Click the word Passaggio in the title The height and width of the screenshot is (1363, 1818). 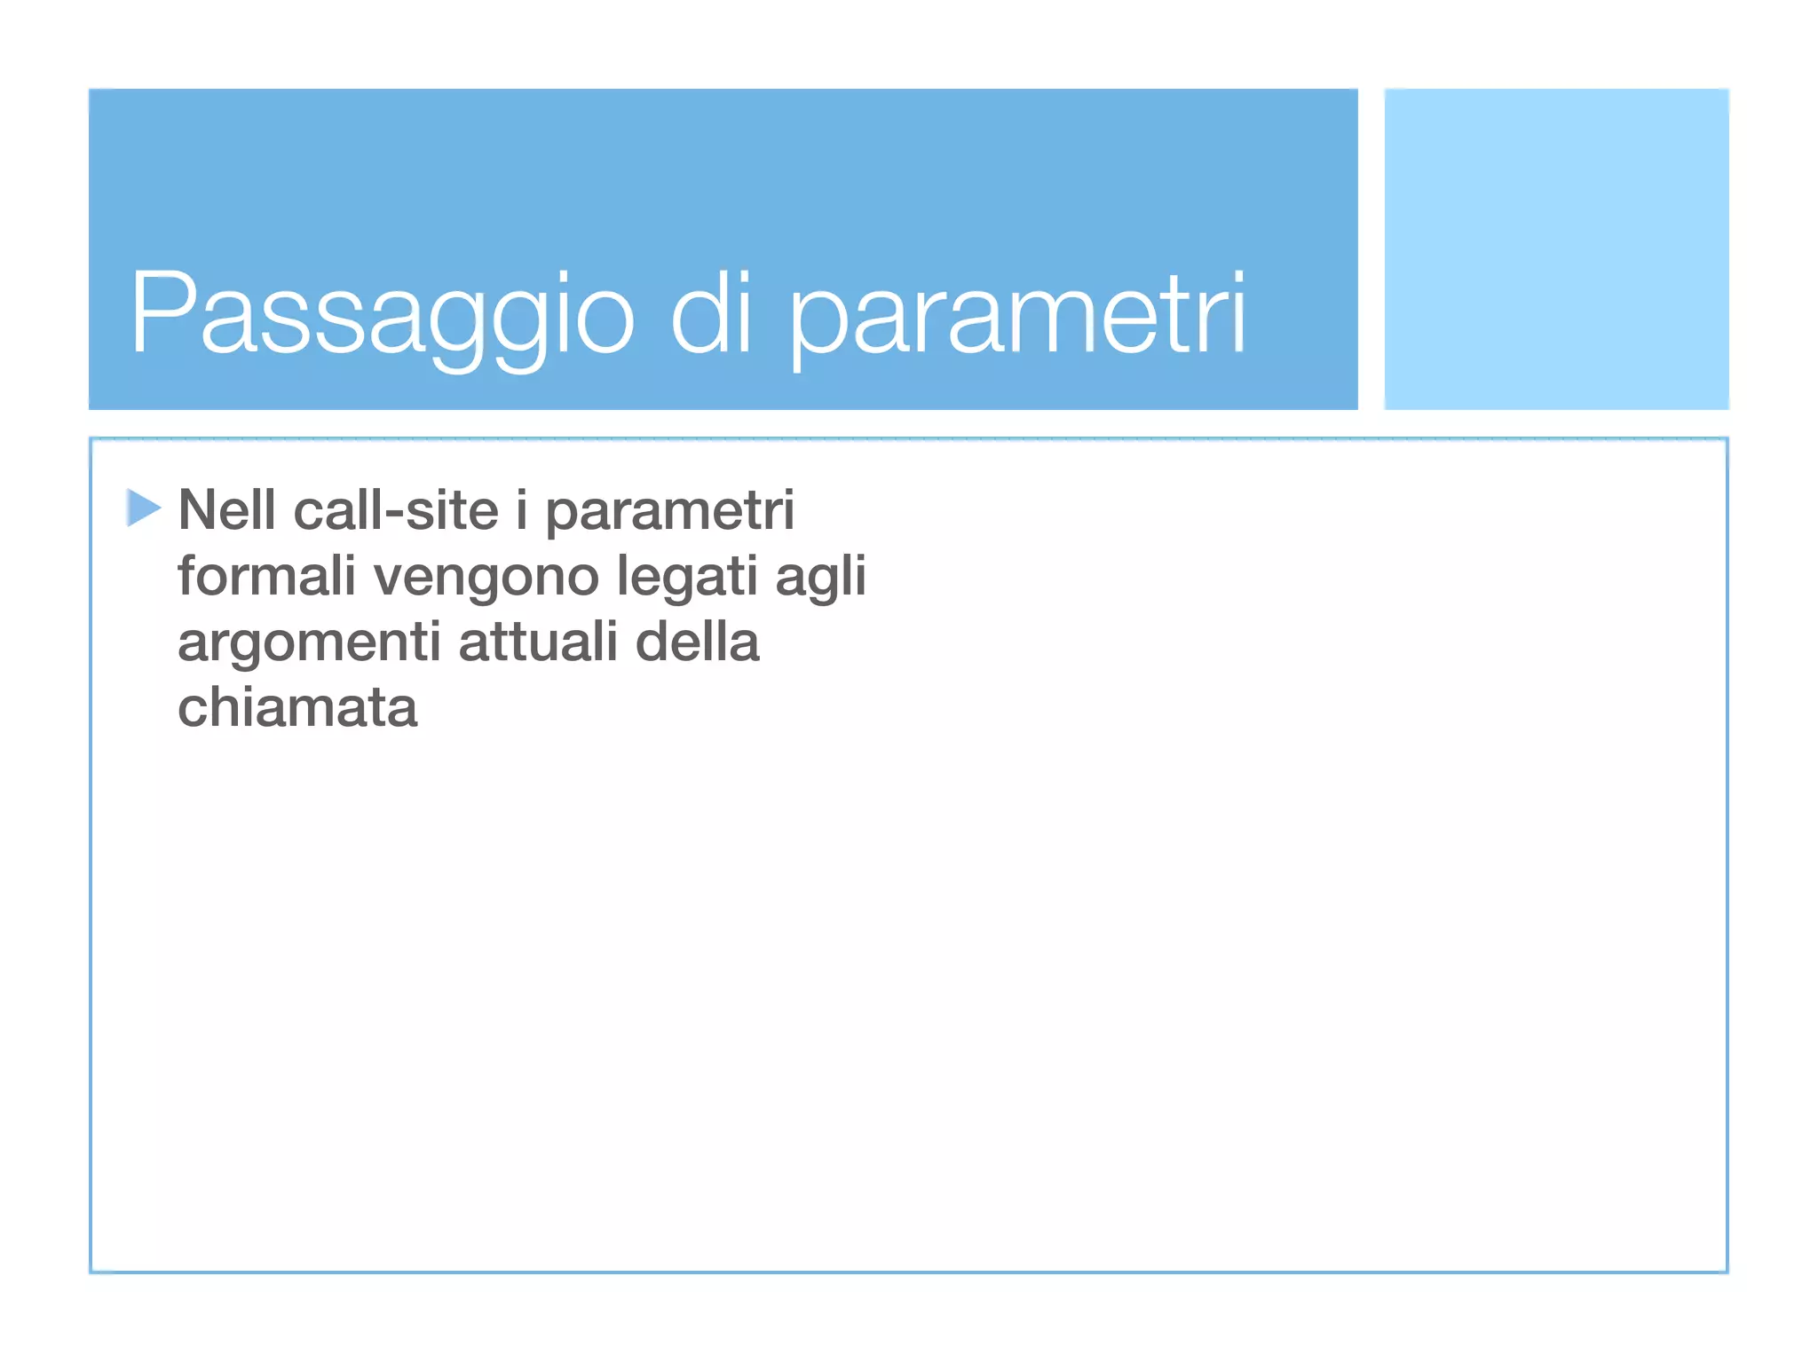pyautogui.click(x=382, y=315)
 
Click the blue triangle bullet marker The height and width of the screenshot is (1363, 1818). pyautogui.click(x=143, y=508)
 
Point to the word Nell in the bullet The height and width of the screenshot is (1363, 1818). pyautogui.click(x=226, y=510)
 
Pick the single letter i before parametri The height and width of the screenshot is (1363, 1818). pyautogui.click(x=522, y=510)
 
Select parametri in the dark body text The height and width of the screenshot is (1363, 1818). pyautogui.click(x=669, y=514)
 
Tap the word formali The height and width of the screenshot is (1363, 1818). pyautogui.click(x=266, y=576)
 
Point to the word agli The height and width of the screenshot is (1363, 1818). pyautogui.click(x=820, y=579)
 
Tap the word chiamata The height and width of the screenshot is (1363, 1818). pyautogui.click(x=297, y=707)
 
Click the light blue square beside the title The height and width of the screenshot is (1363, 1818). pyautogui.click(x=1556, y=249)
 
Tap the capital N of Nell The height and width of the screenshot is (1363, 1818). pyautogui.click(x=197, y=510)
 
